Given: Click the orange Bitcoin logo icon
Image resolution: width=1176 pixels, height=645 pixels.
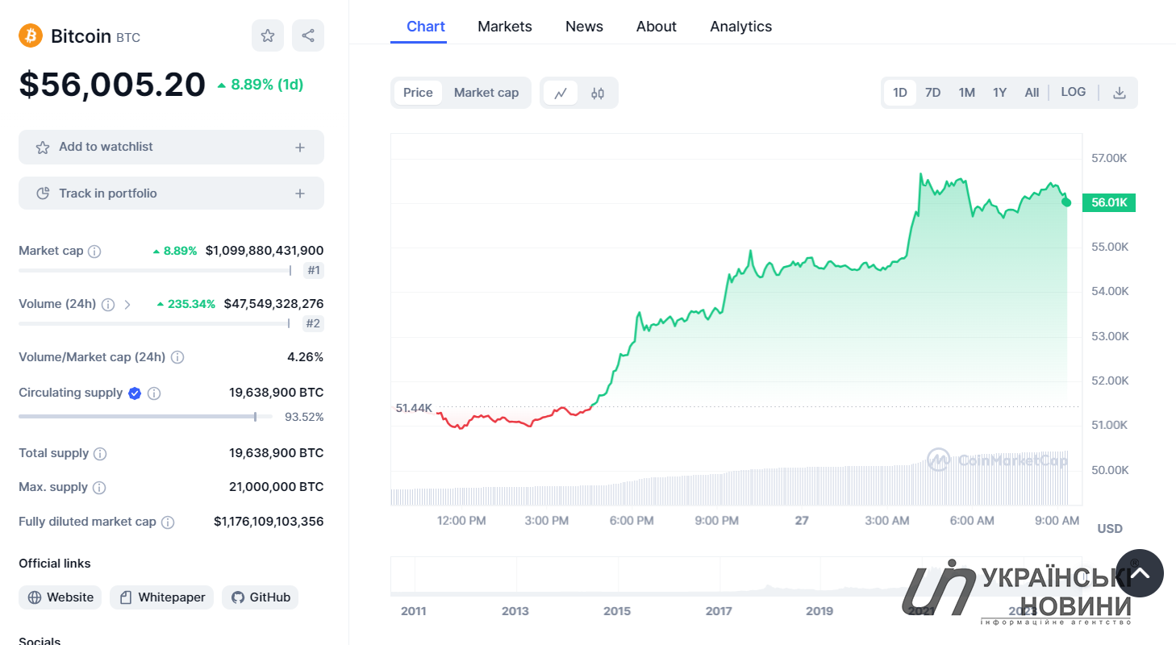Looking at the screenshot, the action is tap(31, 35).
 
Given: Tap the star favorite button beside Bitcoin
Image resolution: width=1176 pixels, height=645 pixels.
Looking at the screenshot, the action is tap(268, 35).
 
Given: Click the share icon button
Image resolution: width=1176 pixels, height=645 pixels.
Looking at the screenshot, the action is tap(308, 35).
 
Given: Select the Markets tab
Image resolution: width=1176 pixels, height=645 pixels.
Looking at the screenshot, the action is tap(505, 27).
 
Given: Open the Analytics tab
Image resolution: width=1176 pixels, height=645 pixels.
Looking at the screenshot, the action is tap(740, 27).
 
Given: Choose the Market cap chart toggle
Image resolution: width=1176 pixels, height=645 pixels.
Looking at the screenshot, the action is tap(486, 93).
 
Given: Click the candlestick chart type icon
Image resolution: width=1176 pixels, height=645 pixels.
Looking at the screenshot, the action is tap(598, 94).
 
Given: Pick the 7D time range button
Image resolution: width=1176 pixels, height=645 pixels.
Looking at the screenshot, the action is tap(932, 93).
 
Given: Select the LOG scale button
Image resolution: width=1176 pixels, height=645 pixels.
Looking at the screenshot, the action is tap(1073, 93).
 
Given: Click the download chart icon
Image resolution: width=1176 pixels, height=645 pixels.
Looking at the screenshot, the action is tap(1120, 93).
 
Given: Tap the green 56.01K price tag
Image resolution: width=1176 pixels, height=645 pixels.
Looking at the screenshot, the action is tap(1109, 202).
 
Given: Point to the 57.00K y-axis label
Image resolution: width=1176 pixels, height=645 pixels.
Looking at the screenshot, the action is tap(1109, 158).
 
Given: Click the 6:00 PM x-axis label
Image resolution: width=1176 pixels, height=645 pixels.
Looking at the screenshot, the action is tap(632, 521).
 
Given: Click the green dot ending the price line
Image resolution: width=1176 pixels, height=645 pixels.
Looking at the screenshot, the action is tap(1066, 202).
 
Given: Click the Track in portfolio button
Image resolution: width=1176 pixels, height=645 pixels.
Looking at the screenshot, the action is tap(171, 193).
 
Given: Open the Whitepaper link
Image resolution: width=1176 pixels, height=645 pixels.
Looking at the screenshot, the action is tap(161, 597).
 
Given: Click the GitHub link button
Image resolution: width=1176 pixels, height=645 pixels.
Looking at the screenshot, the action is tap(261, 597).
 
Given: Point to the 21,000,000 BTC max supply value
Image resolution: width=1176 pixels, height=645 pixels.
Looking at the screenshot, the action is tap(276, 486).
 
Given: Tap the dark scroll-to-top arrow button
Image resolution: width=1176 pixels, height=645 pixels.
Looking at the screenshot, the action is tap(1140, 573).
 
